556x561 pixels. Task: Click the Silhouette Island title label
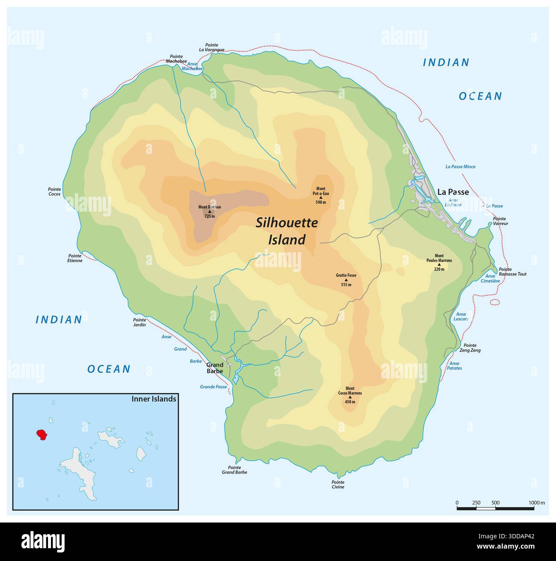pos(287,231)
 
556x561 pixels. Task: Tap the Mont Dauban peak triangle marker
pos(210,212)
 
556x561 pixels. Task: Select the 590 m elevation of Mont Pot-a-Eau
pos(320,202)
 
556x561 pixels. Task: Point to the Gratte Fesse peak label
pos(346,275)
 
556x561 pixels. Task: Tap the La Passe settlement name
pos(452,192)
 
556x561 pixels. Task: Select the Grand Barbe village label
pos(215,368)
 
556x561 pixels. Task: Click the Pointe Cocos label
pos(55,192)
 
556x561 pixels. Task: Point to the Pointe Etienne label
pos(75,258)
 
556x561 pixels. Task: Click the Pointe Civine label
pos(337,484)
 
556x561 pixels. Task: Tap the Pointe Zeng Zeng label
pos(472,348)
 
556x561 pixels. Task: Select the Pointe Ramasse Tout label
pos(512,272)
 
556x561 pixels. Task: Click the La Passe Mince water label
pos(460,167)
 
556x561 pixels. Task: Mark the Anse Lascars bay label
pos(461,316)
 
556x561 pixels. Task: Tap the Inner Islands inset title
pos(154,399)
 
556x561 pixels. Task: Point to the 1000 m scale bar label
pos(536,502)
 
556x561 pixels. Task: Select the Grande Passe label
pos(213,387)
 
